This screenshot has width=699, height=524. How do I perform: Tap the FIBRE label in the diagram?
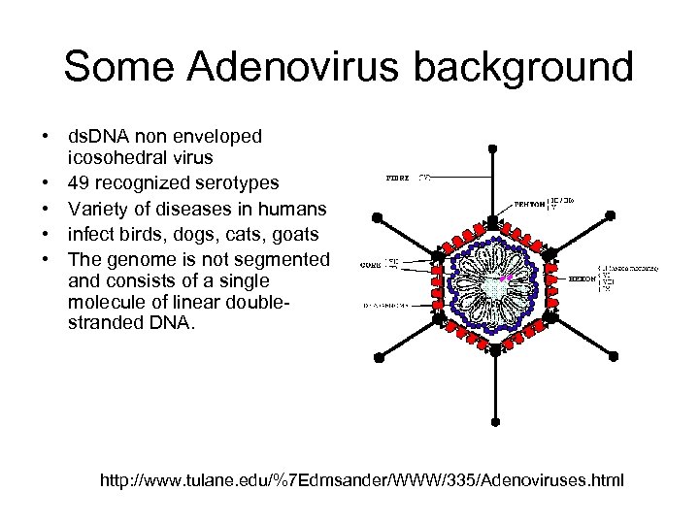398,179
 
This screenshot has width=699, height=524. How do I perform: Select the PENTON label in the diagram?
530,205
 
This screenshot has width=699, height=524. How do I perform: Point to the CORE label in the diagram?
369,263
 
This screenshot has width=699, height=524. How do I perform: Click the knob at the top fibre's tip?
493,147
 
